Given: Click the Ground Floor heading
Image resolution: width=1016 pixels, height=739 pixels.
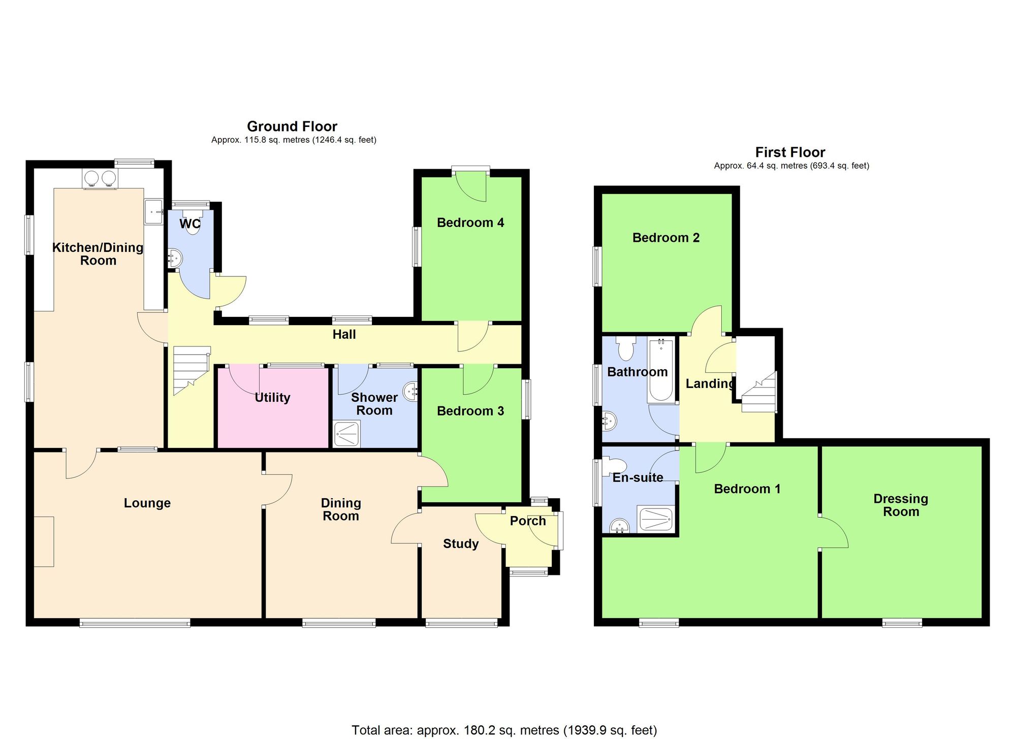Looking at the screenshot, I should click(292, 126).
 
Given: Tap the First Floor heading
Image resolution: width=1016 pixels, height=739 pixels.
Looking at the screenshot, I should click(790, 152).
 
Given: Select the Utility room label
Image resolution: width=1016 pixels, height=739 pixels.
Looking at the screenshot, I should click(272, 398).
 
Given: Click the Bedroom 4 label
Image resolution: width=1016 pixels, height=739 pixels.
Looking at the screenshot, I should click(470, 222).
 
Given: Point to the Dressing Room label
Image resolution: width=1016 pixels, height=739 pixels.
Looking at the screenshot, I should click(901, 505).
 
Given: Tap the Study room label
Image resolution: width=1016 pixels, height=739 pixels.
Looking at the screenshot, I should click(461, 544).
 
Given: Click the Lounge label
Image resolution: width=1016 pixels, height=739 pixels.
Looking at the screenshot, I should click(147, 503).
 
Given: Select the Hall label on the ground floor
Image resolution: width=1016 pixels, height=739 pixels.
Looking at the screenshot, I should click(344, 335).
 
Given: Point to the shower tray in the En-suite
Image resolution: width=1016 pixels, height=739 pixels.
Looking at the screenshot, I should click(657, 520).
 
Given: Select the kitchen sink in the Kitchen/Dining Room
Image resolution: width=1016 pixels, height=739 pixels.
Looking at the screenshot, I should click(153, 211).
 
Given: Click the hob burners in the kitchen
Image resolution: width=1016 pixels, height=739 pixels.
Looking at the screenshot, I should click(100, 178).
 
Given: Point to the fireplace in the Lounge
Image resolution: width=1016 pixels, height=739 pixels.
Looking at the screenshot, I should click(44, 541).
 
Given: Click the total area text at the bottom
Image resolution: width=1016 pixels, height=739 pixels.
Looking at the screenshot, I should click(504, 730).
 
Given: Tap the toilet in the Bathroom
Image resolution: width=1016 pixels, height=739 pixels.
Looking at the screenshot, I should click(625, 349).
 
